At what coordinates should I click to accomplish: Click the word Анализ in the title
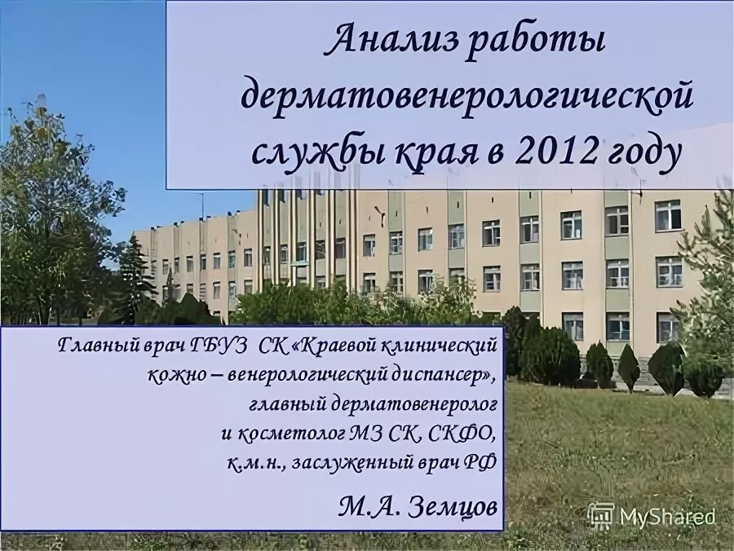pos(388,42)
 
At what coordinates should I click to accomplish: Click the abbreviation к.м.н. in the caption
pos(252,462)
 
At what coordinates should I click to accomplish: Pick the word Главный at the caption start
pos(89,346)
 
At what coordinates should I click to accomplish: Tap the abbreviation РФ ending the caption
pos(482,462)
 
